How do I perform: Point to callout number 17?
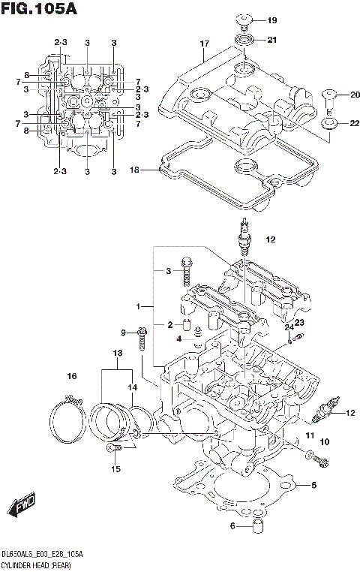click(203, 44)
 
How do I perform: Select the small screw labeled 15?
click(113, 448)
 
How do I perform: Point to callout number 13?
click(118, 354)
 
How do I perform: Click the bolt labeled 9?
click(141, 339)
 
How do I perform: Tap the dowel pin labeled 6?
click(259, 526)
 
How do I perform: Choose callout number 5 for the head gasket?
click(313, 485)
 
